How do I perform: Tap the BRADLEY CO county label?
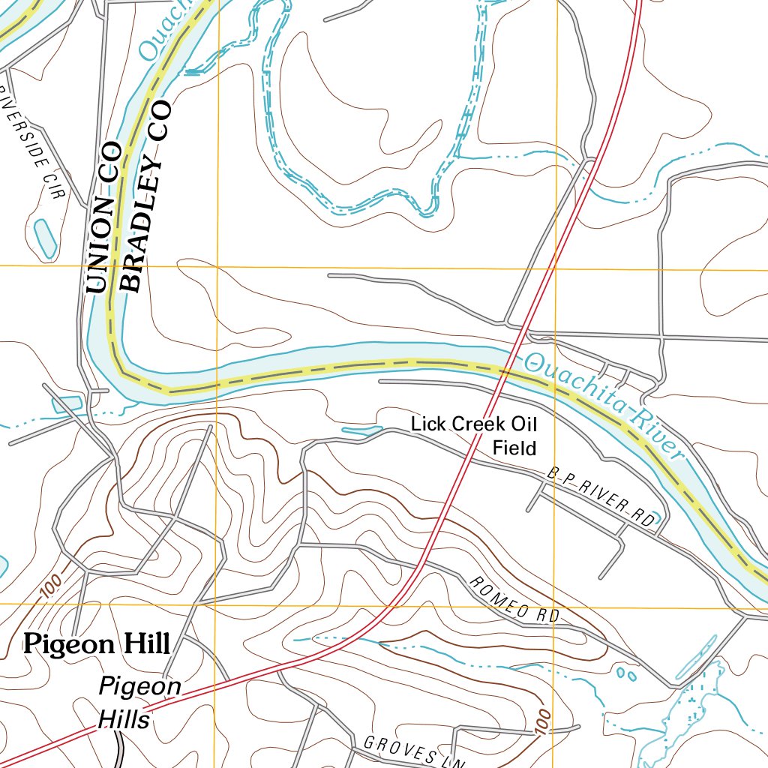point(147,196)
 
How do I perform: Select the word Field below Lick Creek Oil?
point(514,448)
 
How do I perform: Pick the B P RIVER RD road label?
point(601,496)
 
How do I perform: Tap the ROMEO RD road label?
point(514,599)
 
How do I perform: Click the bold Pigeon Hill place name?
point(97,643)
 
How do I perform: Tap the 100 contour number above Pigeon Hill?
point(50,587)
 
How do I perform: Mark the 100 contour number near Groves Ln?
point(544,724)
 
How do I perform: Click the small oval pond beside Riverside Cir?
point(44,238)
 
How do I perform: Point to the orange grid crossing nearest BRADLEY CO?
point(217,266)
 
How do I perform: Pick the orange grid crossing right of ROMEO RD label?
point(554,604)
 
